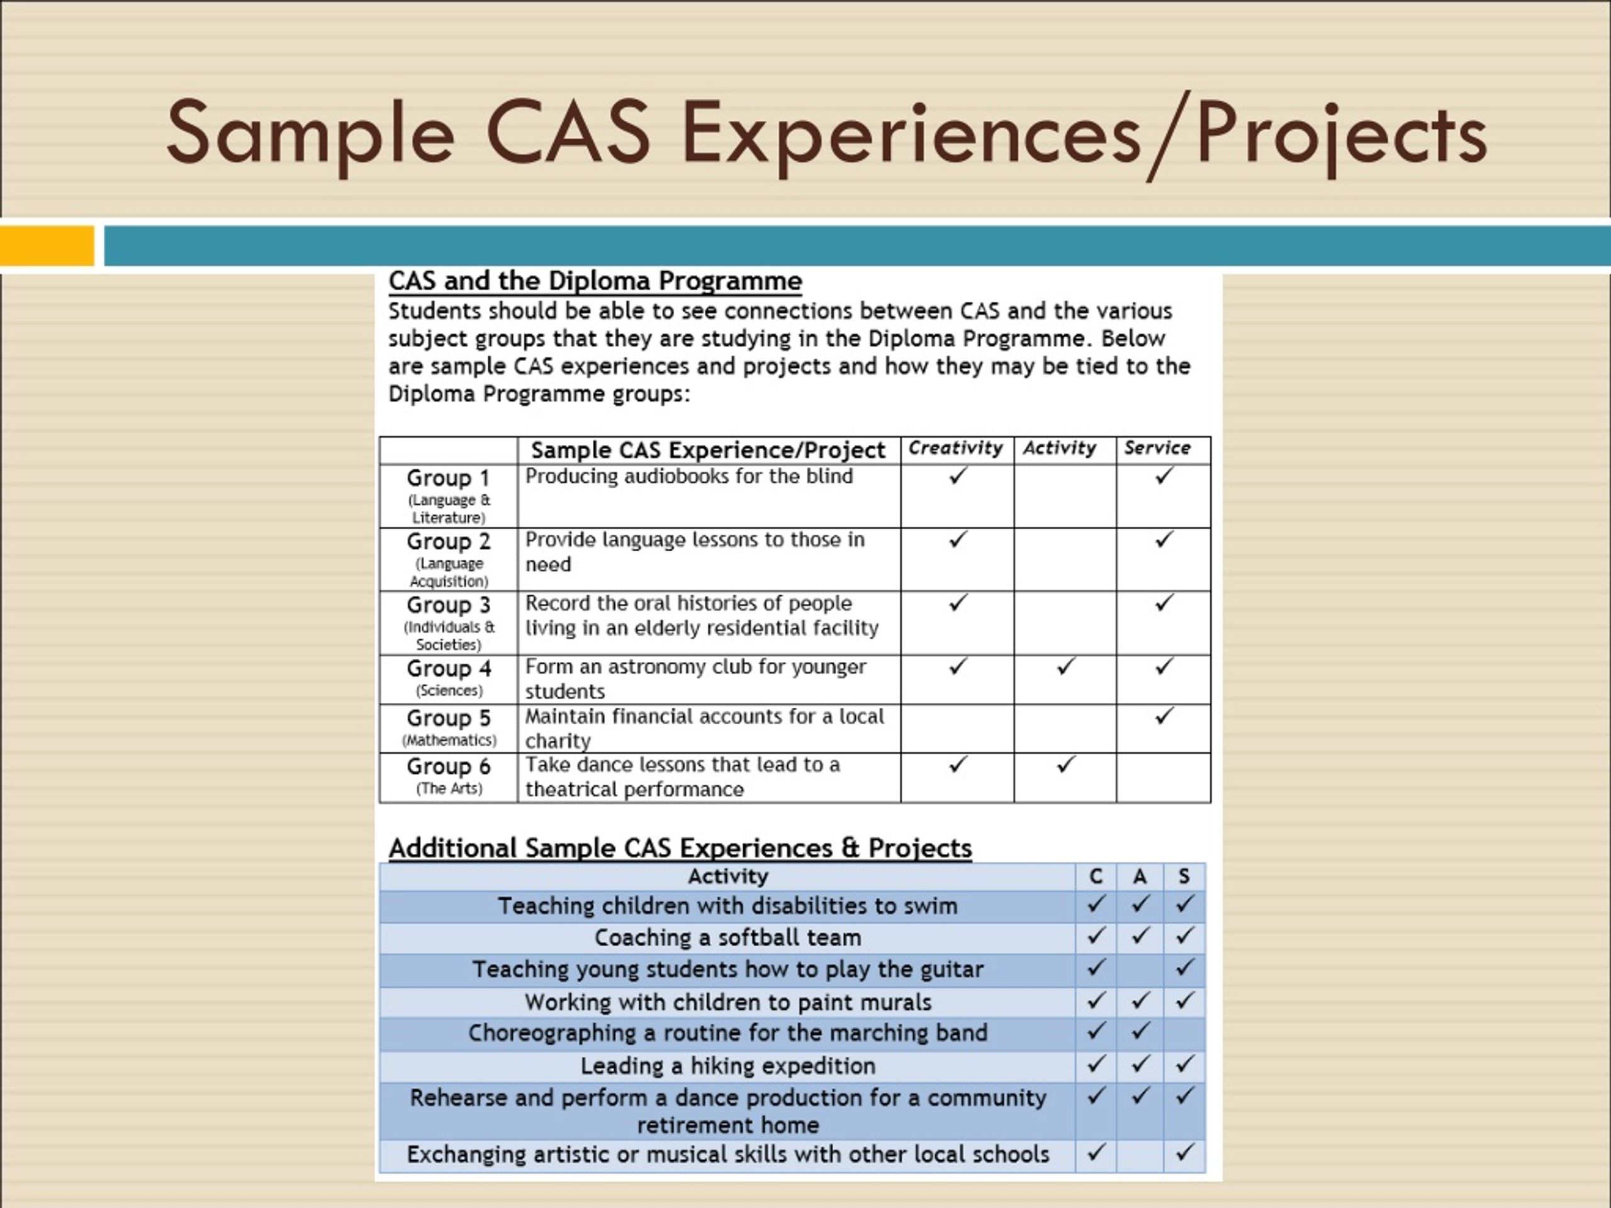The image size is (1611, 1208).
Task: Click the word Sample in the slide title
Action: (310, 133)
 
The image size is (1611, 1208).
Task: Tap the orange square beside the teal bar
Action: (47, 245)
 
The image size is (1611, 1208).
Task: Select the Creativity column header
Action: (955, 449)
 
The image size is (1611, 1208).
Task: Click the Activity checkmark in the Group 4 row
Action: (1065, 666)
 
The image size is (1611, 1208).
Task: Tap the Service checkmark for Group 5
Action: (1164, 716)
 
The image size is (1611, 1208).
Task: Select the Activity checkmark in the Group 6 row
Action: (1065, 764)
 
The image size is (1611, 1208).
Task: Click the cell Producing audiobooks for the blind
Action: (688, 477)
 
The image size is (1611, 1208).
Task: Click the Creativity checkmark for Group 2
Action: (958, 540)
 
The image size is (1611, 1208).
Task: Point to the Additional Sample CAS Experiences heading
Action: (680, 848)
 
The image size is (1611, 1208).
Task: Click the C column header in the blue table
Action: (1096, 876)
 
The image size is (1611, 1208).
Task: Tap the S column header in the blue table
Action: (1184, 876)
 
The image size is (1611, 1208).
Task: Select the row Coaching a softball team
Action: (727, 938)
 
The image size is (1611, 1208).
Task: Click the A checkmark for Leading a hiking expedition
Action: (1140, 1065)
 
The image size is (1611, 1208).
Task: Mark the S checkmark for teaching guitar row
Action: (1184, 968)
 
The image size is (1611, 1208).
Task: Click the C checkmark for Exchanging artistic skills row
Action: (1096, 1152)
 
